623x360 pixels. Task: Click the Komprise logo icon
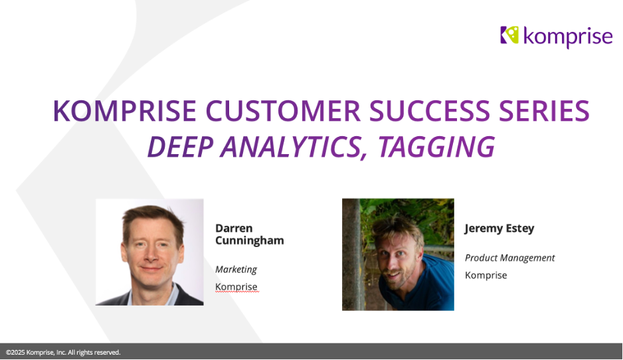[509, 35]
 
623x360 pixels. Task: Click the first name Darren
[234, 228]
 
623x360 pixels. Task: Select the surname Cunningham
[249, 240]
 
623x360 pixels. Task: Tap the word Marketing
[236, 269]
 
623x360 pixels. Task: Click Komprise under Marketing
[236, 287]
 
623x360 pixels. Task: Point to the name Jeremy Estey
[499, 228]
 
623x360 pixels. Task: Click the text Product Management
[509, 258]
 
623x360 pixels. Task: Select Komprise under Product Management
[486, 275]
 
